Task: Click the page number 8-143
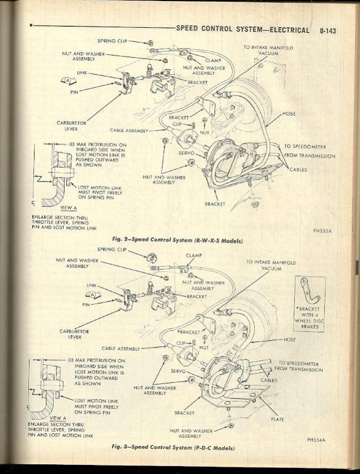point(327,31)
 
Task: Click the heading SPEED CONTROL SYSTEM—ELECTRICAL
point(243,30)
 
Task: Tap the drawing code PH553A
point(321,231)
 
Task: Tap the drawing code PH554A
point(318,439)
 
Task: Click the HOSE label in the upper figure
point(289,113)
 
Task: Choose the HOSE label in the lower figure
point(290,340)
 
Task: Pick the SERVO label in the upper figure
point(186,153)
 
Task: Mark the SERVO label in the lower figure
point(178,371)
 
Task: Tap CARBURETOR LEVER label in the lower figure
point(71,334)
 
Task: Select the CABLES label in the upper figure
point(298,169)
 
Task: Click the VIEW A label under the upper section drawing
point(68,208)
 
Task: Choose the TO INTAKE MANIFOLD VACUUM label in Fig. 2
point(268,50)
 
